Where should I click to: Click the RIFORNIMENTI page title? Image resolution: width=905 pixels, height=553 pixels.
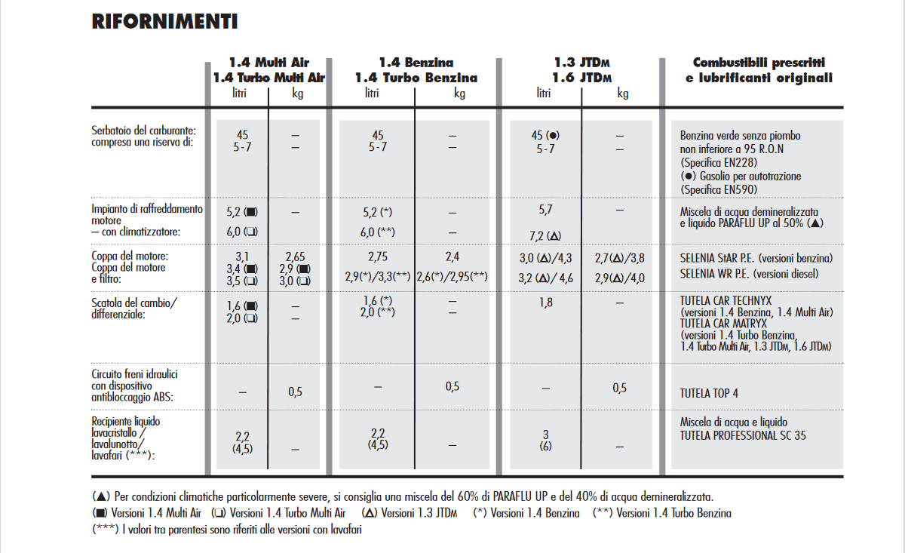click(x=164, y=22)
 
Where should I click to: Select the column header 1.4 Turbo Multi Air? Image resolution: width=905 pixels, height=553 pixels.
click(x=269, y=78)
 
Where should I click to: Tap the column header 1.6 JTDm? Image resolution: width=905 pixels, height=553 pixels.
click(x=581, y=78)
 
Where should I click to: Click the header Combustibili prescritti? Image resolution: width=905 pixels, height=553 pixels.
click(x=759, y=63)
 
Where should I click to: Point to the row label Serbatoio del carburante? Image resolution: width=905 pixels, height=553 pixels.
click(x=143, y=131)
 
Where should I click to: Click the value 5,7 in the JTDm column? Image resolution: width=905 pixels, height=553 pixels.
click(x=545, y=210)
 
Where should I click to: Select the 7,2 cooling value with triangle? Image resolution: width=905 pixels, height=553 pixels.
click(x=545, y=235)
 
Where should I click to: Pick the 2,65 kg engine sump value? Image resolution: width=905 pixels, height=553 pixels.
click(x=296, y=257)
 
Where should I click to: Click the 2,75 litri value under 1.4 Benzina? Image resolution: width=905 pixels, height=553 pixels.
click(x=378, y=257)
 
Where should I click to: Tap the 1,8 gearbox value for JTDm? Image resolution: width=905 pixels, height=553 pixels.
click(x=545, y=303)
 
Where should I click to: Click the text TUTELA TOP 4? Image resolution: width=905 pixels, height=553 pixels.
click(x=709, y=393)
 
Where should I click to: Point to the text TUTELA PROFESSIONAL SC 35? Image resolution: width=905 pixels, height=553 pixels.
click(x=743, y=436)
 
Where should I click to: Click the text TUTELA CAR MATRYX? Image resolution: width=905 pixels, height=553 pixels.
click(x=723, y=324)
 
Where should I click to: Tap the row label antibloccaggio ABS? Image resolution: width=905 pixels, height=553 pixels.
click(x=132, y=397)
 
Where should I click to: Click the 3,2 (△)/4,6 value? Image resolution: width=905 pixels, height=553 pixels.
click(x=545, y=278)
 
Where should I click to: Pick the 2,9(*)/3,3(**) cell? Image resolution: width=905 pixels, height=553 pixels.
click(x=377, y=277)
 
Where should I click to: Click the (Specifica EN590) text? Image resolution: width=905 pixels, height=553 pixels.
click(x=719, y=189)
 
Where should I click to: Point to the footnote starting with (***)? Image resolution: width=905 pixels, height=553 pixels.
click(x=227, y=530)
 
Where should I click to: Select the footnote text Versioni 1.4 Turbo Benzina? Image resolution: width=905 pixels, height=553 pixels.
click(x=673, y=513)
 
